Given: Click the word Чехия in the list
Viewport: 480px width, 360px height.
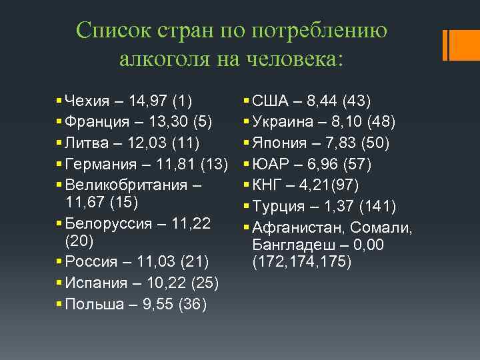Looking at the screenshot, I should [x=88, y=102].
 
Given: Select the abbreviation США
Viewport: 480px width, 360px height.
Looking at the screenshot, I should [x=272, y=102].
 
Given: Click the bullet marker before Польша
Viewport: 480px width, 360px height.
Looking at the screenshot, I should [x=61, y=305].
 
